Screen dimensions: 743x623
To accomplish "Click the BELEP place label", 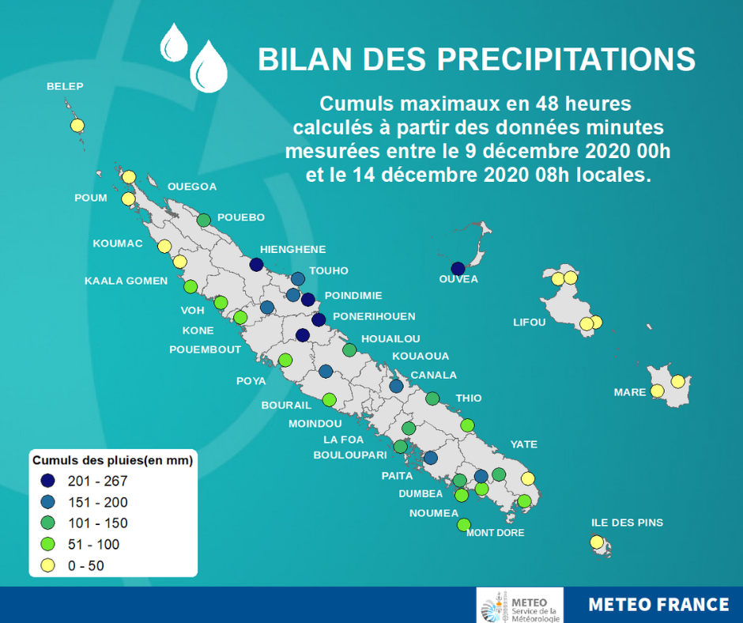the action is (x=65, y=86).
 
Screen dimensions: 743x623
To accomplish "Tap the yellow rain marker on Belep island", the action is (x=77, y=126).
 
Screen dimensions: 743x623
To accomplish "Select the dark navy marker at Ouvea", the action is (x=458, y=269).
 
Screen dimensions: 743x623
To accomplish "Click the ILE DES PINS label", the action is (x=627, y=523).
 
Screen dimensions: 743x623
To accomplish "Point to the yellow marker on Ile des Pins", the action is (x=597, y=542).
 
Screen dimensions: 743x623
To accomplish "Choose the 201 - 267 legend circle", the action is (x=48, y=481).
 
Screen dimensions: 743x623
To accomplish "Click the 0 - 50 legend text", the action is (x=86, y=565).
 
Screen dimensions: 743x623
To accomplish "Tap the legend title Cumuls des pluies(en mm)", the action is (x=113, y=460).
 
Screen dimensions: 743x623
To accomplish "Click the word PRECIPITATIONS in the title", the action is (x=566, y=59).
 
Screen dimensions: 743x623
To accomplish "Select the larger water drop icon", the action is (x=209, y=67).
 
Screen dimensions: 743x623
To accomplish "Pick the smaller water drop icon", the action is (x=174, y=43).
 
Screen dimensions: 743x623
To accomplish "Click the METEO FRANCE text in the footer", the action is (x=658, y=605).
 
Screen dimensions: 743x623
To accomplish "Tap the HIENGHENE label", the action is (x=292, y=249).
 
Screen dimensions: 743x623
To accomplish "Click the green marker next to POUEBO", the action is (x=204, y=220).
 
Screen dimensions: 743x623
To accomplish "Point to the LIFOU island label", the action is (x=530, y=323).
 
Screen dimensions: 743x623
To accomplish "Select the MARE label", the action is (x=630, y=392).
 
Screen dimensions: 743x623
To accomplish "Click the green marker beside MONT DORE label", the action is (x=464, y=525).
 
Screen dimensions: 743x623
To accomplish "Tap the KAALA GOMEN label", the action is (x=126, y=281).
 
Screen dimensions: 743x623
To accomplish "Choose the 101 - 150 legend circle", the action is (x=48, y=523).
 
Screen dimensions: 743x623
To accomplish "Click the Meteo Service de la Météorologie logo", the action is (x=520, y=605).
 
